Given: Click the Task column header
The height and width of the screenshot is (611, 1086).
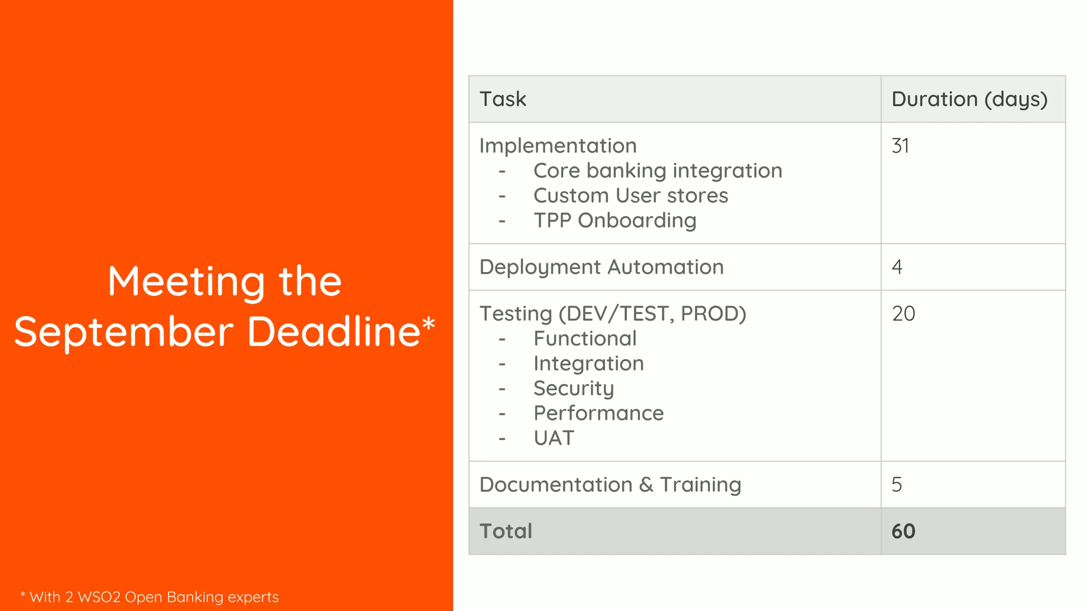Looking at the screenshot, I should point(503,99).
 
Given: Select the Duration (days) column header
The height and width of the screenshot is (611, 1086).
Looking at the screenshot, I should point(969,99).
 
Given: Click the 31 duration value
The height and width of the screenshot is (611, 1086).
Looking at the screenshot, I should point(900,146).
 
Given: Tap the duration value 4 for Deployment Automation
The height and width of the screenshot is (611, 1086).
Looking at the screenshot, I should point(897,267).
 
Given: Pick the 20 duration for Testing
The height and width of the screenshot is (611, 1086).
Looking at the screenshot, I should point(903,313).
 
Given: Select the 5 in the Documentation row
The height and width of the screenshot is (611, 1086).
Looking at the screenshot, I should point(897,484).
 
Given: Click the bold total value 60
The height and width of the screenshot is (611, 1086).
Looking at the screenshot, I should point(903,531).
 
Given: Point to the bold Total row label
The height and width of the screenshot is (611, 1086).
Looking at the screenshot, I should point(505,531).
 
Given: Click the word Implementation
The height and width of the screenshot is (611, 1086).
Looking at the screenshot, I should point(558,146).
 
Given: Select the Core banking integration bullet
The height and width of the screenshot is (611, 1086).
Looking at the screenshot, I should point(658,171).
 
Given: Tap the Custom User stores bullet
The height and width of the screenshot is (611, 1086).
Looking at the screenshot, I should point(630,196).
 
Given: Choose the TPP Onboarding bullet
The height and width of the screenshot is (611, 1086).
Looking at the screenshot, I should point(615,221).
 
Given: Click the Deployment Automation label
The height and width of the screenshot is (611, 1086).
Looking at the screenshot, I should point(601,267).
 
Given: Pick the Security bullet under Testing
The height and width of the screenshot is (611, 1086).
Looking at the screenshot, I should point(574,388).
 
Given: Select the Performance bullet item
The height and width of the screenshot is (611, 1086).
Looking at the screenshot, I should point(598,413).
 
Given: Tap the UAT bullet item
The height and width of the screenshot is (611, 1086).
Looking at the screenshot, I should point(554,438).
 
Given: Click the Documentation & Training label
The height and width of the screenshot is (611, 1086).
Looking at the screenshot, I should point(610,484).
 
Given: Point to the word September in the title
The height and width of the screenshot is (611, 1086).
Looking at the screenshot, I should point(124,332).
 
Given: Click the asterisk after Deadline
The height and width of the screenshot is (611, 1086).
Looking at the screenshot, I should point(428,322).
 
